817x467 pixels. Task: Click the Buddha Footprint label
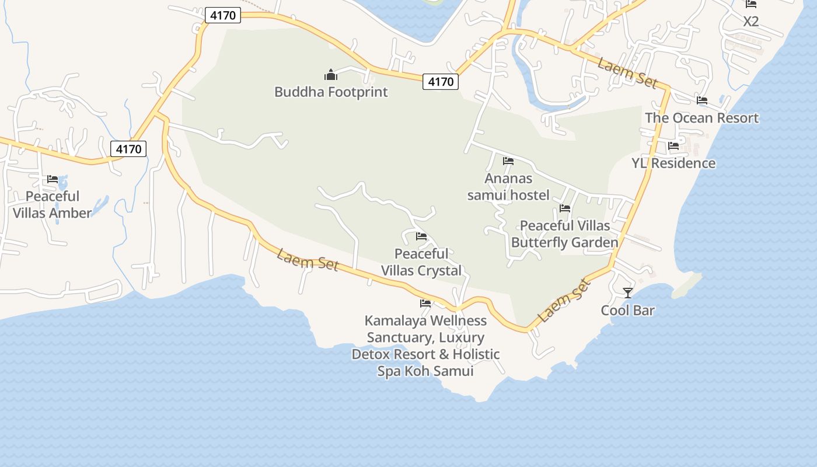(x=331, y=92)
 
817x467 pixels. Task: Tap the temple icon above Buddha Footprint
(x=331, y=75)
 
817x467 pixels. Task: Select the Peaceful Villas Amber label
(x=53, y=204)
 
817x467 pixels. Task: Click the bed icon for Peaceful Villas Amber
(x=53, y=179)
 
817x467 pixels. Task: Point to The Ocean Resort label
(x=701, y=118)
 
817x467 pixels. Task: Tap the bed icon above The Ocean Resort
(x=702, y=100)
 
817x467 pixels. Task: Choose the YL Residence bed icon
(x=673, y=146)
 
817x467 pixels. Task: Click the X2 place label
(x=751, y=22)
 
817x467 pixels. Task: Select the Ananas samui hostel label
(x=508, y=187)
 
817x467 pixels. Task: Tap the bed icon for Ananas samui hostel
(x=508, y=161)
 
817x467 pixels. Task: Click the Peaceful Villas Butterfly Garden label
(x=564, y=234)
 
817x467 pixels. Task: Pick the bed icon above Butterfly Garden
(x=564, y=208)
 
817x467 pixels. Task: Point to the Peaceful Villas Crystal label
(x=421, y=262)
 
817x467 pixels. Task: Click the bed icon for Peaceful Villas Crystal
(x=421, y=236)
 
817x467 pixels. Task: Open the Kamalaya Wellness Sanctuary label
(x=425, y=346)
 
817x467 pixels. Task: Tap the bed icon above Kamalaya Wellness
(x=425, y=304)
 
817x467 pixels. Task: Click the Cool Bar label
(x=628, y=311)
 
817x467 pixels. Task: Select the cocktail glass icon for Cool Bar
(x=628, y=292)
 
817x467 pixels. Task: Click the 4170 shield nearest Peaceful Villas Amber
(x=128, y=149)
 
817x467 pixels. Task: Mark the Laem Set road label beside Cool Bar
(x=564, y=301)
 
